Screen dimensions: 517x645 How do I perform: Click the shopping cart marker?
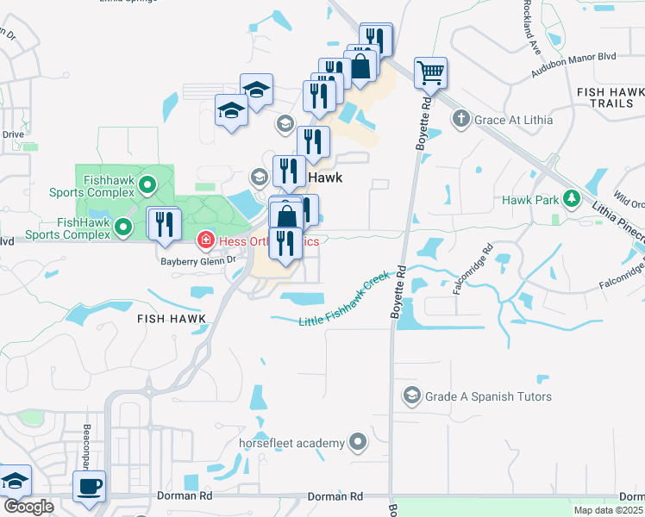pos(430,72)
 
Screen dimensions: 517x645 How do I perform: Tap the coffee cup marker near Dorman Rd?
pos(90,486)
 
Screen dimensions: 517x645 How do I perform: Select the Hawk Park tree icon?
pos(571,200)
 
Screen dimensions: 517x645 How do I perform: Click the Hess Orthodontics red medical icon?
pos(206,239)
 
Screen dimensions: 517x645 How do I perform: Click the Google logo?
pos(28,507)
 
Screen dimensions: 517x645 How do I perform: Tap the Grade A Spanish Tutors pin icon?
pos(410,396)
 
